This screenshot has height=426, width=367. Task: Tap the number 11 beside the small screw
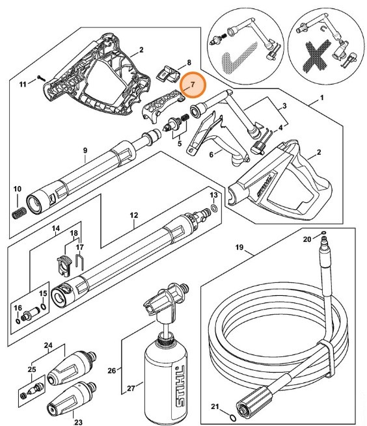pyautogui.click(x=22, y=85)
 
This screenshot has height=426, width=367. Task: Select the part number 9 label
pyautogui.click(x=85, y=151)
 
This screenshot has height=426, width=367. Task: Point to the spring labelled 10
pyautogui.click(x=18, y=213)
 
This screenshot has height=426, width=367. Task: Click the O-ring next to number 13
pyautogui.click(x=213, y=208)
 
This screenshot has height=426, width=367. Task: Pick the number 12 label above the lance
pyautogui.click(x=134, y=215)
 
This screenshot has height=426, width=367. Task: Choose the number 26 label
pyautogui.click(x=112, y=371)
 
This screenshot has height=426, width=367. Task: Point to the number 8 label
pyautogui.click(x=188, y=62)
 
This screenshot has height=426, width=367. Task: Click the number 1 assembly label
pyautogui.click(x=321, y=100)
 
